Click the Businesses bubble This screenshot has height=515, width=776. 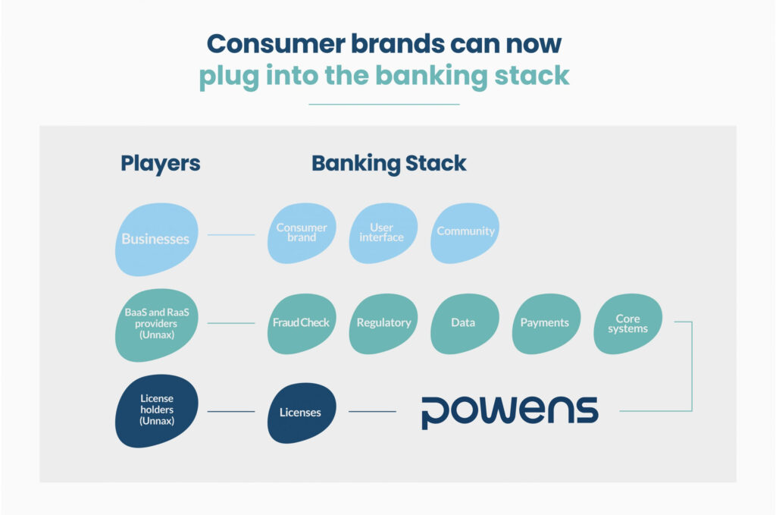[156, 239]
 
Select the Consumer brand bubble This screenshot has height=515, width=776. [302, 233]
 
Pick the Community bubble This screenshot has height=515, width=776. [465, 232]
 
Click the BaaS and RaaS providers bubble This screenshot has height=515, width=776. [156, 323]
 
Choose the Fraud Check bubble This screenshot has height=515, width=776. [301, 323]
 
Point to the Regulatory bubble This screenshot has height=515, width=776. [383, 323]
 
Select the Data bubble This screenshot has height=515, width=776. [464, 323]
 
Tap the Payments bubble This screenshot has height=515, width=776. [544, 323]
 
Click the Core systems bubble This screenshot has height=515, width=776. [627, 324]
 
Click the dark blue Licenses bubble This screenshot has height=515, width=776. [300, 413]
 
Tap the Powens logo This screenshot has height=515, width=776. [509, 412]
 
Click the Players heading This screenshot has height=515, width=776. [161, 163]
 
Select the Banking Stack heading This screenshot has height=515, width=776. [389, 163]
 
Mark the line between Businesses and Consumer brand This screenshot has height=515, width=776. [231, 235]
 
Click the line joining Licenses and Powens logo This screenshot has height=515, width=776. [372, 412]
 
